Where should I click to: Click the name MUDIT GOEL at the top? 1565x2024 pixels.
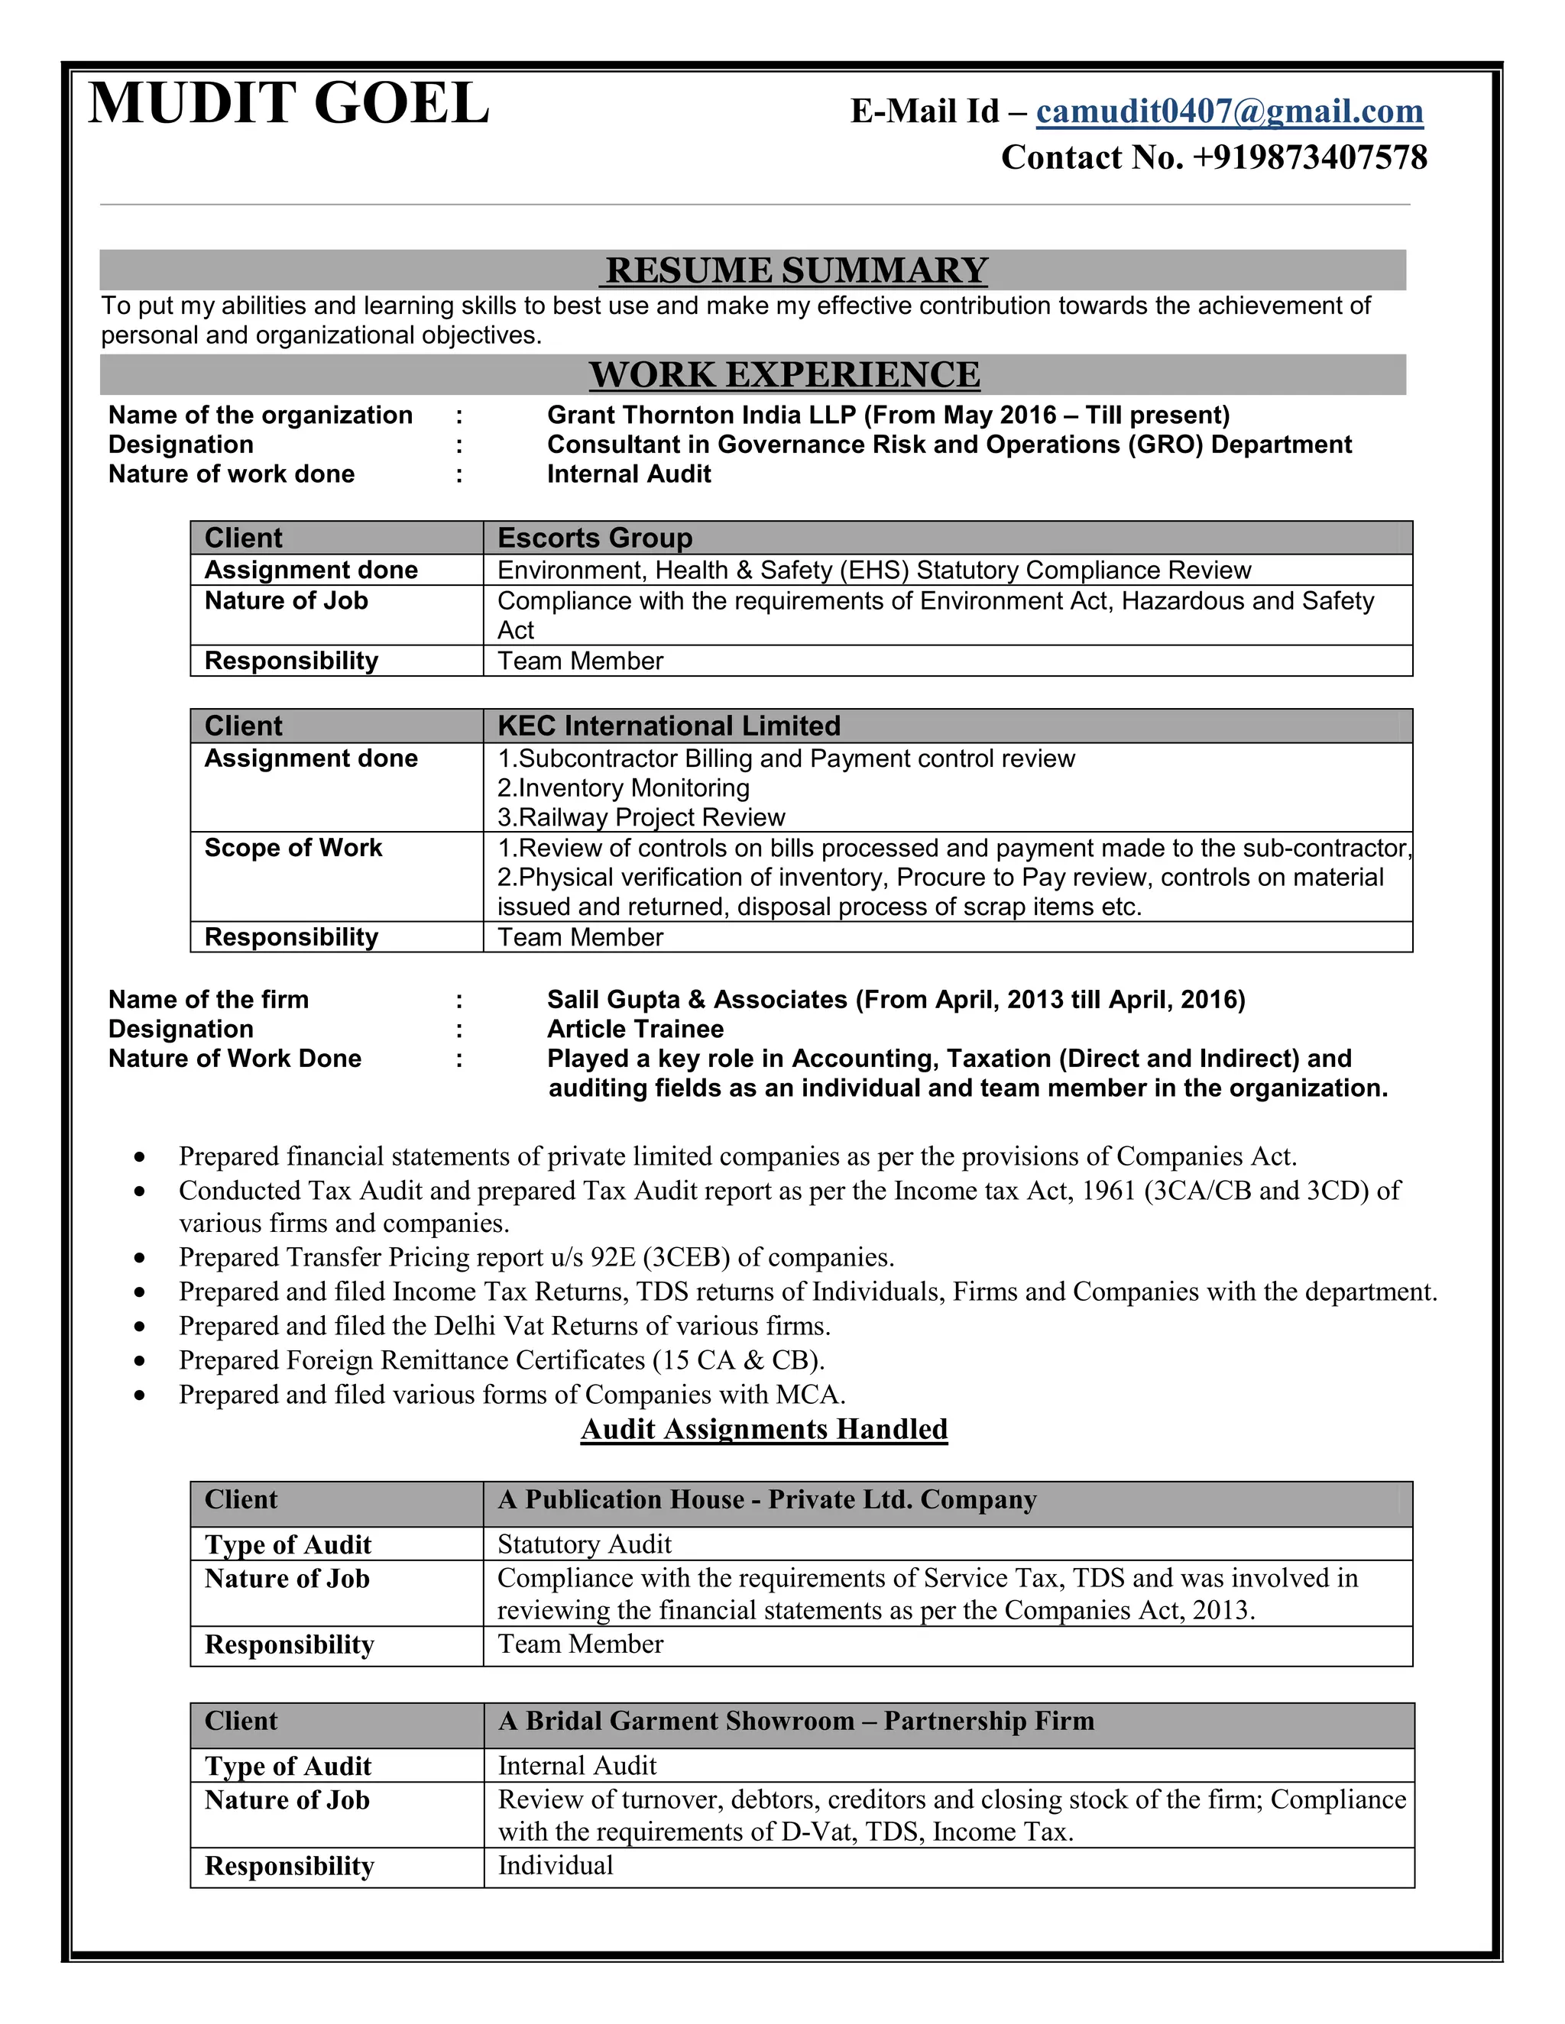tap(288, 103)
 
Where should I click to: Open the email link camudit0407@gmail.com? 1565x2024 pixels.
tap(1229, 112)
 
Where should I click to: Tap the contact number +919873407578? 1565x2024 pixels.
tap(1309, 157)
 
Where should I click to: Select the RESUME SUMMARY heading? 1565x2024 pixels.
tap(796, 270)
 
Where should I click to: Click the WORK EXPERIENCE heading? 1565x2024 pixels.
tap(784, 374)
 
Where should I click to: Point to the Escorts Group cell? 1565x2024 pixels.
tap(595, 538)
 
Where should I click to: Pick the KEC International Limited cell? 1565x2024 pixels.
tap(669, 726)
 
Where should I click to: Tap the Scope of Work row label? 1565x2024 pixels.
tap(293, 848)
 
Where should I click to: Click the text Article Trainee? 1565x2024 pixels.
tap(635, 1029)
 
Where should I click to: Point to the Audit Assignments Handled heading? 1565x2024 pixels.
tap(764, 1429)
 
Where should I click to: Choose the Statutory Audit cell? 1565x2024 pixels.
tap(584, 1544)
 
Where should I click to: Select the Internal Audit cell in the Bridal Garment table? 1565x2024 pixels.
tap(577, 1765)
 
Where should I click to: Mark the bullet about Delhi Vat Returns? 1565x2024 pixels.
tap(504, 1326)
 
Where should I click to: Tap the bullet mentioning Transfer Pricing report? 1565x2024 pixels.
tap(536, 1258)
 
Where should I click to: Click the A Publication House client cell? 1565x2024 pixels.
tap(766, 1499)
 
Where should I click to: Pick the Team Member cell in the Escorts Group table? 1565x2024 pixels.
tap(581, 661)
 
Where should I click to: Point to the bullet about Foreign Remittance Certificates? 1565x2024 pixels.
tap(501, 1360)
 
